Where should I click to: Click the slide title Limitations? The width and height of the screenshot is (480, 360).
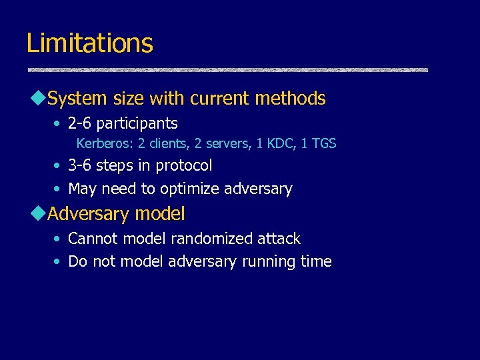(89, 43)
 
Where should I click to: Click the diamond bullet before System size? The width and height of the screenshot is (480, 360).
(37, 99)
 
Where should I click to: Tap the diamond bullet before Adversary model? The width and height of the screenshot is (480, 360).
(37, 214)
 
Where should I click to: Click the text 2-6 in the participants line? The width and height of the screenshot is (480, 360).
(80, 123)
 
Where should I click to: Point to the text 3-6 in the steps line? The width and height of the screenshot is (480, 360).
(80, 165)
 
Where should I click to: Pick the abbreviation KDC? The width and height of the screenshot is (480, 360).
(281, 143)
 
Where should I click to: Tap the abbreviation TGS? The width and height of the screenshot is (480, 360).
(323, 143)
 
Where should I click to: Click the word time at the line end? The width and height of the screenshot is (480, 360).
(316, 261)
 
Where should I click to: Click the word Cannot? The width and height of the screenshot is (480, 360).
(93, 239)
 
